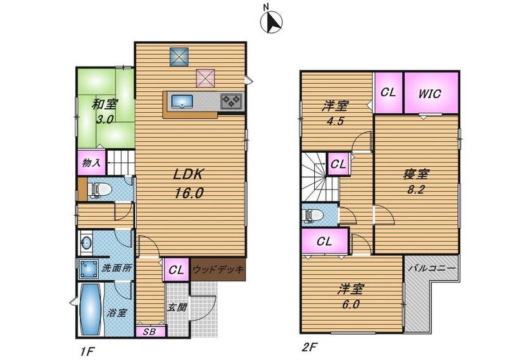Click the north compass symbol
(271, 22)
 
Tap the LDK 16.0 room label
(189, 184)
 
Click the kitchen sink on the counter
(182, 101)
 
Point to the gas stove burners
(231, 101)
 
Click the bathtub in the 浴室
(91, 309)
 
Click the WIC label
(430, 93)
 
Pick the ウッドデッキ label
(218, 269)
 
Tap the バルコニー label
(431, 268)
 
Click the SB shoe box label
(149, 331)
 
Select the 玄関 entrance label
(177, 307)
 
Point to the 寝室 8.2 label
(416, 182)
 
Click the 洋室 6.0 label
(350, 297)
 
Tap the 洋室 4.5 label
(335, 113)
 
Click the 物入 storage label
(91, 163)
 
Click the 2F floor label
(310, 347)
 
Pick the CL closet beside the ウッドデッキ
(177, 271)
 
